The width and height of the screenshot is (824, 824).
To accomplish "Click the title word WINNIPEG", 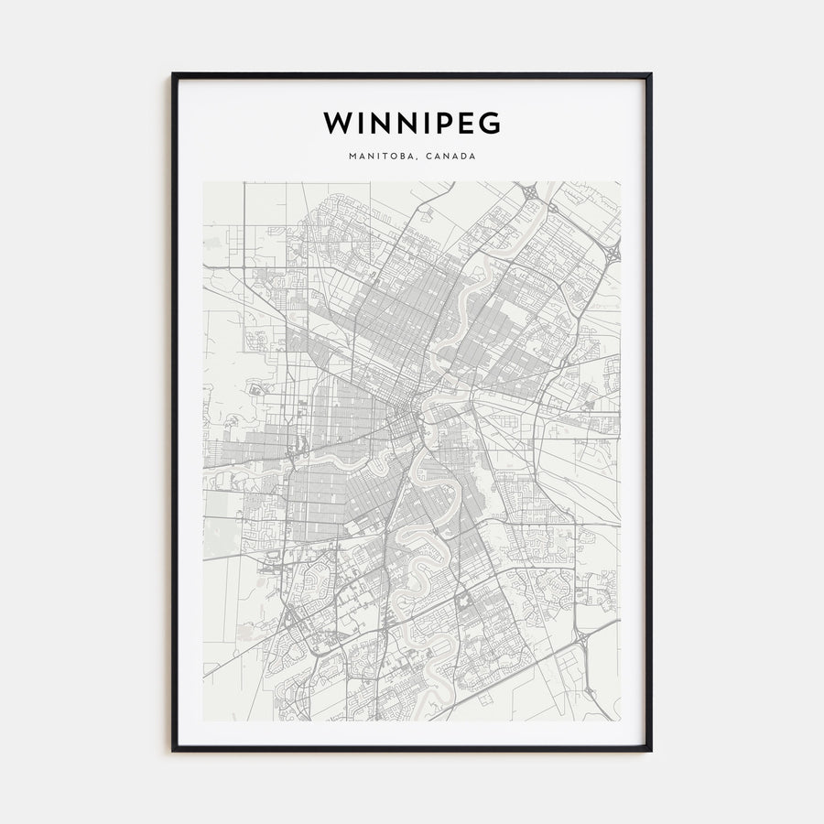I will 412,123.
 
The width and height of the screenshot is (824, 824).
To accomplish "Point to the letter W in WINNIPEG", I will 336,123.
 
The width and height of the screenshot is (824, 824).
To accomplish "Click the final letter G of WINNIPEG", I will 490,123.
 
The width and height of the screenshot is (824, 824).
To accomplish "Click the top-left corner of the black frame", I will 173,74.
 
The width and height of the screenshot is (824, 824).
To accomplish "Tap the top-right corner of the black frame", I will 651,74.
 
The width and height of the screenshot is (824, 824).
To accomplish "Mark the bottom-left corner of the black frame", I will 173,751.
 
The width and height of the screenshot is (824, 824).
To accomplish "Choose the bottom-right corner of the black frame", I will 651,751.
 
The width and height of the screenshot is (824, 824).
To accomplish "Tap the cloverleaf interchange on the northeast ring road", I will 612,248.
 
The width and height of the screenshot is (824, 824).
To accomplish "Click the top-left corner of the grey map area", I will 203,181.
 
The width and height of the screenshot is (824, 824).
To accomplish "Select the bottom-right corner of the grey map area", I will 621,721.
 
